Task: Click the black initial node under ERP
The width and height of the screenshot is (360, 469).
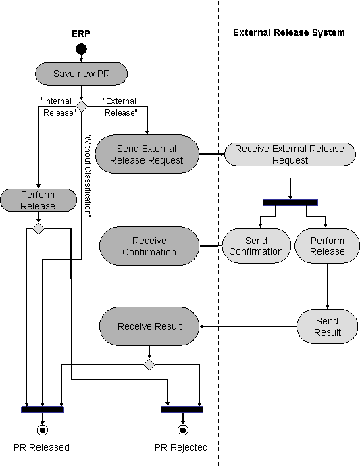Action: coord(81,49)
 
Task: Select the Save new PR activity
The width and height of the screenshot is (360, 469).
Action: coord(81,74)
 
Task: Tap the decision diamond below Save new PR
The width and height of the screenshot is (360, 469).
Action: coord(81,106)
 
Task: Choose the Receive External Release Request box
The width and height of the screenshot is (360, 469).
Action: coord(290,154)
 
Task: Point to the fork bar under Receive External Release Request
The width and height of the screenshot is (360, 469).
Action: coord(290,202)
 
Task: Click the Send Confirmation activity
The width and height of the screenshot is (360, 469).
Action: coord(256,246)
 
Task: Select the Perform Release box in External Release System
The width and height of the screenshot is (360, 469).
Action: coord(327,246)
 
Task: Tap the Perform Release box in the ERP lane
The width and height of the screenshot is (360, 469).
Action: coord(38,201)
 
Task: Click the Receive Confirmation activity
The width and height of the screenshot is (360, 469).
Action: coord(149,246)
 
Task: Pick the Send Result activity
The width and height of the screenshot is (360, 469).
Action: coord(328,326)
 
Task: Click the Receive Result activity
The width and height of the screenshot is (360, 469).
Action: coord(149,326)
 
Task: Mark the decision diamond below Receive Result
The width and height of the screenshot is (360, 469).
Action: coord(149,364)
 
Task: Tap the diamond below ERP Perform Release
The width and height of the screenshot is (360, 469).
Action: coord(38,229)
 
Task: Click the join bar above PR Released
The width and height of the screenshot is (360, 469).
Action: coord(42,409)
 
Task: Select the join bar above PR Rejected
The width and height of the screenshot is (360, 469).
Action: coord(182,409)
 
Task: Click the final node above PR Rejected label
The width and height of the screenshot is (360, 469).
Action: coord(182,429)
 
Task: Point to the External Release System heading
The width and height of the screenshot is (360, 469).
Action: coord(288,32)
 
